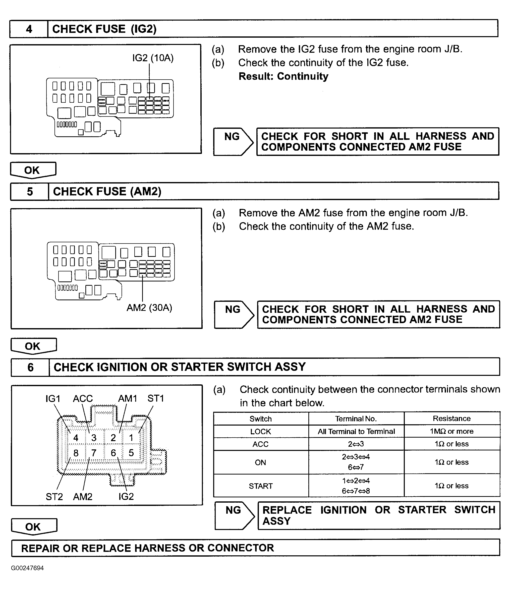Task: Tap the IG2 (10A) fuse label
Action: click(x=153, y=58)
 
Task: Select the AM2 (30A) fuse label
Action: click(x=149, y=308)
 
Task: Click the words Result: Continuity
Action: click(x=283, y=76)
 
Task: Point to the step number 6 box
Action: click(x=30, y=367)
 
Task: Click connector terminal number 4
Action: click(x=76, y=438)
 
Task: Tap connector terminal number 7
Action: click(x=94, y=453)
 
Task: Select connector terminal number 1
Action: click(x=131, y=438)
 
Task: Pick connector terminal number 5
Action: click(x=131, y=453)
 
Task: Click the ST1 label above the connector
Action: click(x=156, y=398)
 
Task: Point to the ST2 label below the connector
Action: click(x=54, y=497)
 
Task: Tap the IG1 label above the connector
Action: click(x=53, y=399)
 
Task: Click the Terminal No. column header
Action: click(x=356, y=419)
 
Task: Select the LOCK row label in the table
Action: click(x=260, y=431)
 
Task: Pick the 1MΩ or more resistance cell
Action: click(x=451, y=431)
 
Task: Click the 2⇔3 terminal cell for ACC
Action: click(x=356, y=444)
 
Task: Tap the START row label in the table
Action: click(x=260, y=486)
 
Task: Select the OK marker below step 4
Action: click(x=32, y=170)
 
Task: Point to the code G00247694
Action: click(x=27, y=568)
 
